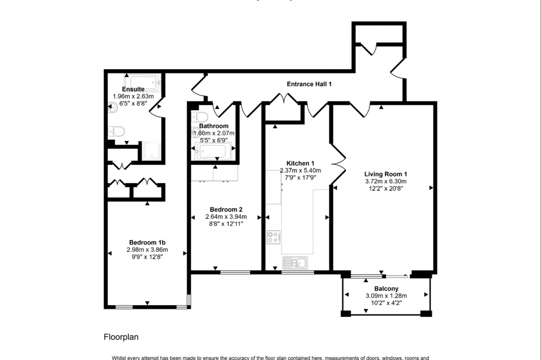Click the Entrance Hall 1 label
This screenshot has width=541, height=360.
tap(309, 84)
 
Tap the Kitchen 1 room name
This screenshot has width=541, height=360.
tap(300, 163)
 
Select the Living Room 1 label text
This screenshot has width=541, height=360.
tap(386, 174)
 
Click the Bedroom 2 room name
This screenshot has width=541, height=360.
tap(226, 209)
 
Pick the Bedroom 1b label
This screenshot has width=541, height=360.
tap(147, 242)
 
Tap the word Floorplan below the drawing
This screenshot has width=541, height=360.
tap(121, 336)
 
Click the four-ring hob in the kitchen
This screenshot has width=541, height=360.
tap(274, 238)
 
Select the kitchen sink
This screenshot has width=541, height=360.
tap(295, 262)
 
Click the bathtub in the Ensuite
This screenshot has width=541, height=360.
tap(142, 82)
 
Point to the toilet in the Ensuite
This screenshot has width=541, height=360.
tap(115, 130)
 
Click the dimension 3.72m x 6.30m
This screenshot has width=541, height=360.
tap(386, 181)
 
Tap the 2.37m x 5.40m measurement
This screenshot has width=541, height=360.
tap(300, 170)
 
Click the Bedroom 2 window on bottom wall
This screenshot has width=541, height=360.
tap(235, 272)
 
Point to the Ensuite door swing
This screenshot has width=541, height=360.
tap(156, 107)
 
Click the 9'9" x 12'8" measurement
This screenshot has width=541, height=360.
tap(147, 257)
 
